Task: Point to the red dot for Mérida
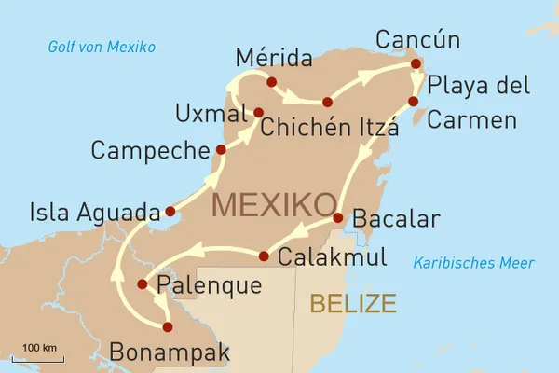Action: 271,83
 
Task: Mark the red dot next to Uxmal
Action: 259,113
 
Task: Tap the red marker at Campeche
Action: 221,149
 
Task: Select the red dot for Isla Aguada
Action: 170,211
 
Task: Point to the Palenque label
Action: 210,284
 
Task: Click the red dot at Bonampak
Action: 168,327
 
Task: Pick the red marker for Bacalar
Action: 337,219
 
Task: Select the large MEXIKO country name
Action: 274,204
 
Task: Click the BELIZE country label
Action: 353,303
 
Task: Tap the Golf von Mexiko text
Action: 102,48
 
